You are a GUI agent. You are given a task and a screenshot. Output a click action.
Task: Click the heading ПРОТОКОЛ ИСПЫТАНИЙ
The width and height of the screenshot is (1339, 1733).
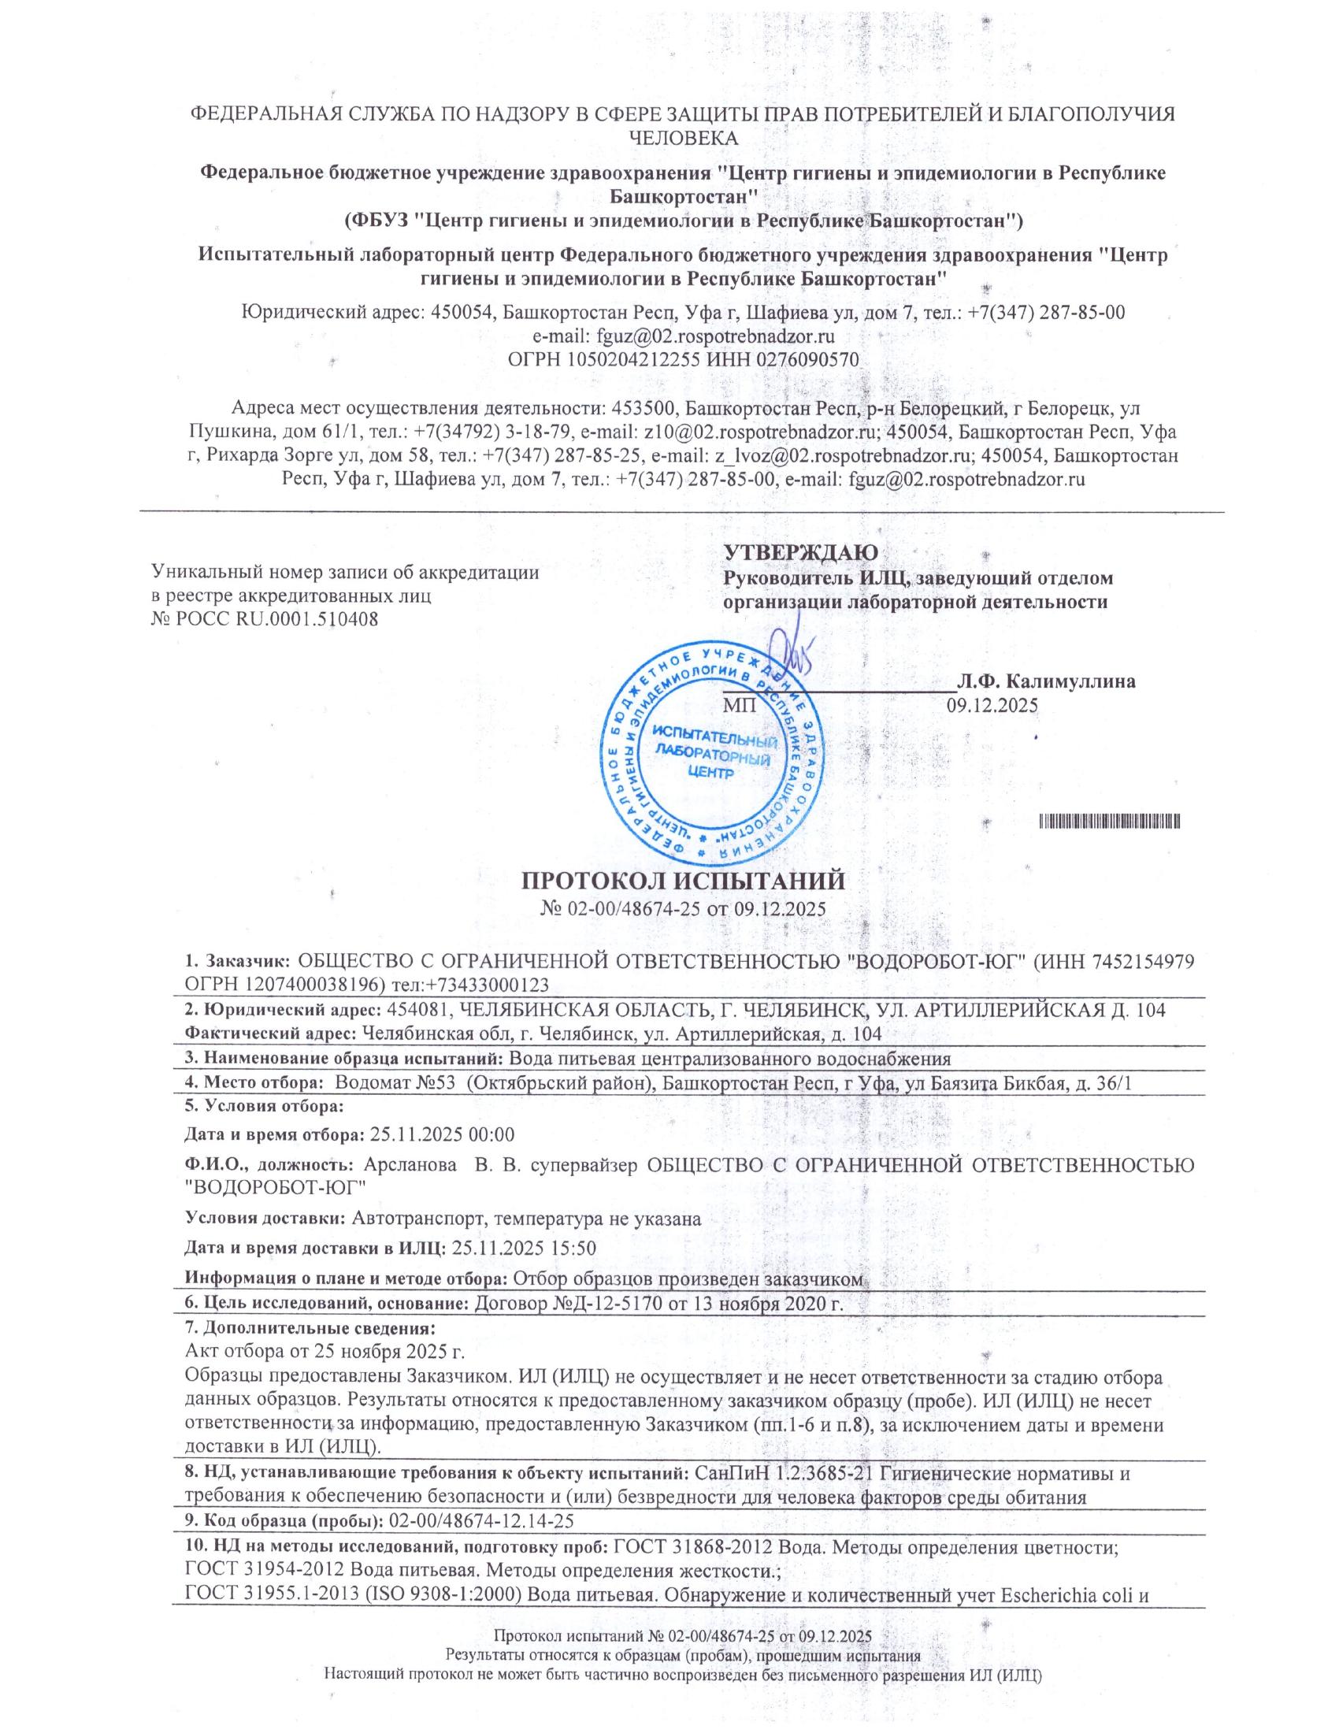pyautogui.click(x=683, y=881)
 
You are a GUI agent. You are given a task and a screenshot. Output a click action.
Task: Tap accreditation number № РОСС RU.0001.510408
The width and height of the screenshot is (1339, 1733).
pyautogui.click(x=264, y=618)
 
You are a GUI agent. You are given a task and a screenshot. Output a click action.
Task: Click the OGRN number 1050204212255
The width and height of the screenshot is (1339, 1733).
pyautogui.click(x=632, y=359)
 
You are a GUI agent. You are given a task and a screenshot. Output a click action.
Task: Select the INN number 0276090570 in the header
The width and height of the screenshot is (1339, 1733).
pyautogui.click(x=807, y=359)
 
